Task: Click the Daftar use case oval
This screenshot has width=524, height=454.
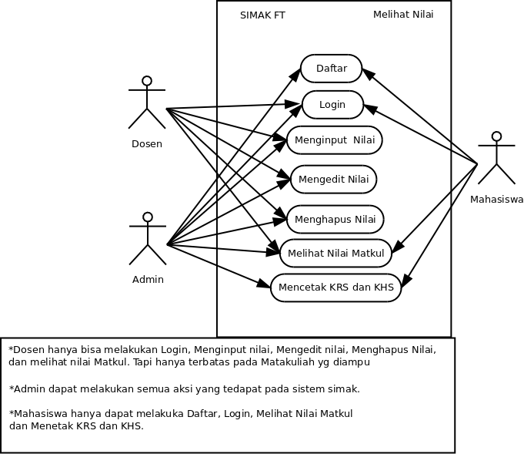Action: (331, 69)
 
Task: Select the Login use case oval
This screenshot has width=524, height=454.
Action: (332, 105)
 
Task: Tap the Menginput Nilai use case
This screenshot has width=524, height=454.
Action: (335, 140)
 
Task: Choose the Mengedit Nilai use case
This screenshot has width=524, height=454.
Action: (333, 180)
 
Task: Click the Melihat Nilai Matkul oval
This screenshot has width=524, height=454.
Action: (335, 253)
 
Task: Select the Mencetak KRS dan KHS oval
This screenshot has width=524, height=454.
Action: (335, 288)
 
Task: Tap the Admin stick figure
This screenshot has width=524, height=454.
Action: (148, 239)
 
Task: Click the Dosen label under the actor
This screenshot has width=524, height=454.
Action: (147, 144)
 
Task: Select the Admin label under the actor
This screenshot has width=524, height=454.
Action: (148, 280)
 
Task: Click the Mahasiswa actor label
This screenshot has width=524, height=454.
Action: (496, 199)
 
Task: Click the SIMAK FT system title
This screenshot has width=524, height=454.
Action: (262, 15)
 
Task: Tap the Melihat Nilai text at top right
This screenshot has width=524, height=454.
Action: (402, 15)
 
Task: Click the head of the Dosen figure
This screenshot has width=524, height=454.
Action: (146, 81)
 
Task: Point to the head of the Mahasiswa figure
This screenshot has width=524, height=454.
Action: (496, 137)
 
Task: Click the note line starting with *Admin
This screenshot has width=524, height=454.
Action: (185, 388)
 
